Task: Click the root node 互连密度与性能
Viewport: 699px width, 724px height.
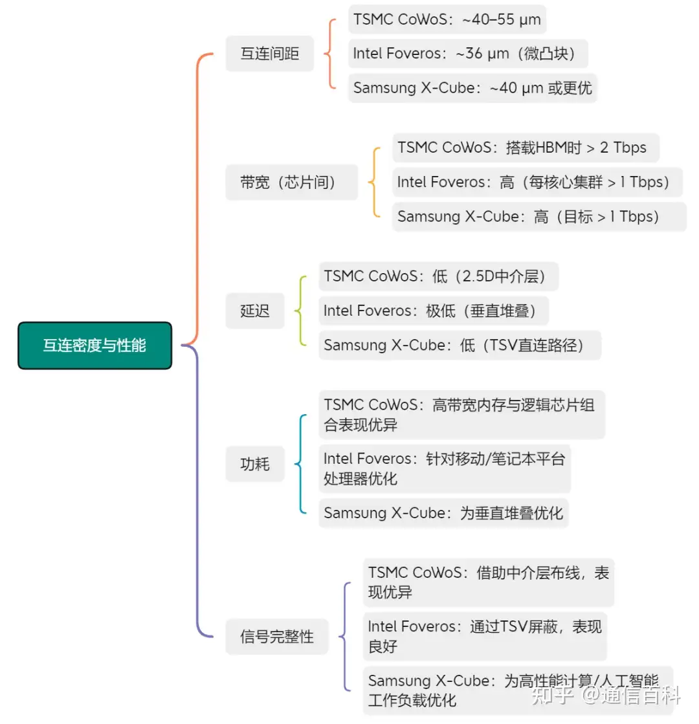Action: pos(94,346)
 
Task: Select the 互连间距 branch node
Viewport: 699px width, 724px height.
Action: pos(269,53)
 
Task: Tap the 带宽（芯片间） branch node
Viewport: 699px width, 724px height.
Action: pos(291,182)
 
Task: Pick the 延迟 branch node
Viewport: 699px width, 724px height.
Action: pos(254,311)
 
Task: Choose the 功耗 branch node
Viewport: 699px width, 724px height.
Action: pos(254,464)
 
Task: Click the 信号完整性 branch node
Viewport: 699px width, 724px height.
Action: pos(276,637)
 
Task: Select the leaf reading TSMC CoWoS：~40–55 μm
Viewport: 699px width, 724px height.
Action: pos(447,19)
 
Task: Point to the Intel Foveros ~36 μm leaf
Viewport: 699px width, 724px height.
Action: pos(467,54)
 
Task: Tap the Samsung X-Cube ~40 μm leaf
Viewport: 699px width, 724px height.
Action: pos(472,87)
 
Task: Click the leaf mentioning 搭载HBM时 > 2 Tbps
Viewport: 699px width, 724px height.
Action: pos(525,148)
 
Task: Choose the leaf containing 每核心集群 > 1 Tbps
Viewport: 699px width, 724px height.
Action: pos(537,182)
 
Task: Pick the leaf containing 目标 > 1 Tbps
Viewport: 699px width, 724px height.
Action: pos(538,216)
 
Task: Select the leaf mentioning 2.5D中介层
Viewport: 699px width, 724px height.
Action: pos(438,277)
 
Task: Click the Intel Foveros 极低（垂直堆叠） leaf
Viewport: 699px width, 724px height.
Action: pos(433,311)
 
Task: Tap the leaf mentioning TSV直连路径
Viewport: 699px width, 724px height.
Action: pos(459,345)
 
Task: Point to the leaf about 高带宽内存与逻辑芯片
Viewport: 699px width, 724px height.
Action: pos(461,414)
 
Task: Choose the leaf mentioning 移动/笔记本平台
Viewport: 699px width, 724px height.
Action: pos(444,468)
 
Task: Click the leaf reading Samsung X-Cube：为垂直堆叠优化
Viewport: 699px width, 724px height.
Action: pos(443,513)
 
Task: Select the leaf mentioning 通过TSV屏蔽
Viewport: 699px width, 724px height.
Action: pos(484,635)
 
